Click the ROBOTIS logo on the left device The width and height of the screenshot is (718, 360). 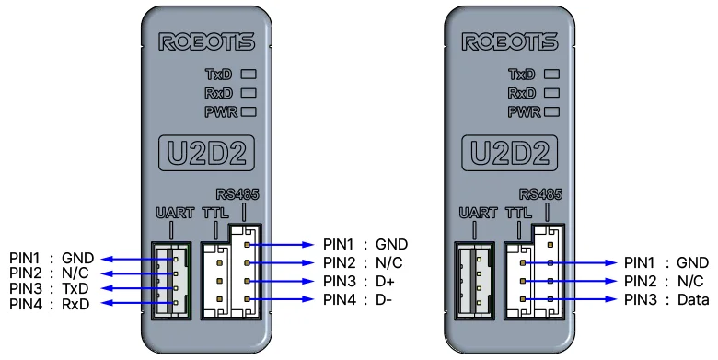tap(206, 41)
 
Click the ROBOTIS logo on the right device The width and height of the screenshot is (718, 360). tap(510, 41)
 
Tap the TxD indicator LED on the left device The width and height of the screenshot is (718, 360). tap(249, 74)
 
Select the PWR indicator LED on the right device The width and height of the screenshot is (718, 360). tap(551, 111)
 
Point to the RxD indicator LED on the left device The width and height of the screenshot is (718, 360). tap(249, 93)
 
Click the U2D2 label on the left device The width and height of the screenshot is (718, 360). tap(206, 153)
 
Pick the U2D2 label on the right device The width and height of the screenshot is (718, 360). tap(510, 153)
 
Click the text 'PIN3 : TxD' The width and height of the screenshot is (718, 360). tap(49, 288)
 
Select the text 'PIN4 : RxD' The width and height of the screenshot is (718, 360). tap(50, 304)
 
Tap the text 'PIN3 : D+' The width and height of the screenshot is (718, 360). tap(359, 281)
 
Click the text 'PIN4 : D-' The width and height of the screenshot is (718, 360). tap(358, 299)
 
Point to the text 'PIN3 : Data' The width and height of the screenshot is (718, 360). tap(666, 299)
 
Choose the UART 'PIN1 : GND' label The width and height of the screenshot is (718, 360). tap(52, 259)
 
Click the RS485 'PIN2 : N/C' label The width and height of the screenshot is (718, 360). tap(363, 263)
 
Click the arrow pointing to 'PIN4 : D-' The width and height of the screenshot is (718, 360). tap(281, 299)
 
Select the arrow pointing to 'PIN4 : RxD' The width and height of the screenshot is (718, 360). tap(138, 303)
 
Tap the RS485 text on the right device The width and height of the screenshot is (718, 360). tap(540, 194)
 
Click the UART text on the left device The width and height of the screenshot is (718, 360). tap(175, 213)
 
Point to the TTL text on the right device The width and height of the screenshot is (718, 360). tap(518, 213)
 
